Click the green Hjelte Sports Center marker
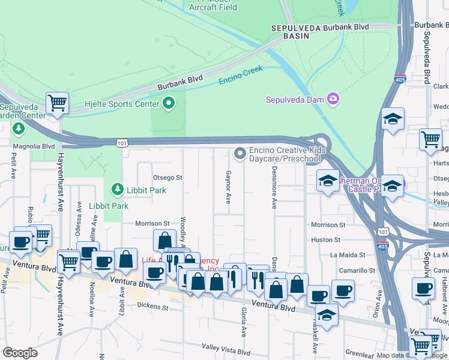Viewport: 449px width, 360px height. click(x=169, y=103)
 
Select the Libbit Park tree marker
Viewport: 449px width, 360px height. click(x=117, y=190)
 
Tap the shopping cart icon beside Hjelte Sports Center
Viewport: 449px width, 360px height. click(x=58, y=103)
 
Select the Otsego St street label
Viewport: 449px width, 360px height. click(x=167, y=178)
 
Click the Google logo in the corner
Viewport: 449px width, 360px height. click(x=20, y=353)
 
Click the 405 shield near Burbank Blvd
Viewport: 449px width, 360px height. click(x=400, y=79)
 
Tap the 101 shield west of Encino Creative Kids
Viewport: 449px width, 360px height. click(x=121, y=143)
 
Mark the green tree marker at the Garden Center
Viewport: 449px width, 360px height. click(x=19, y=128)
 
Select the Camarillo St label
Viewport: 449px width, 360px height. click(x=357, y=271)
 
